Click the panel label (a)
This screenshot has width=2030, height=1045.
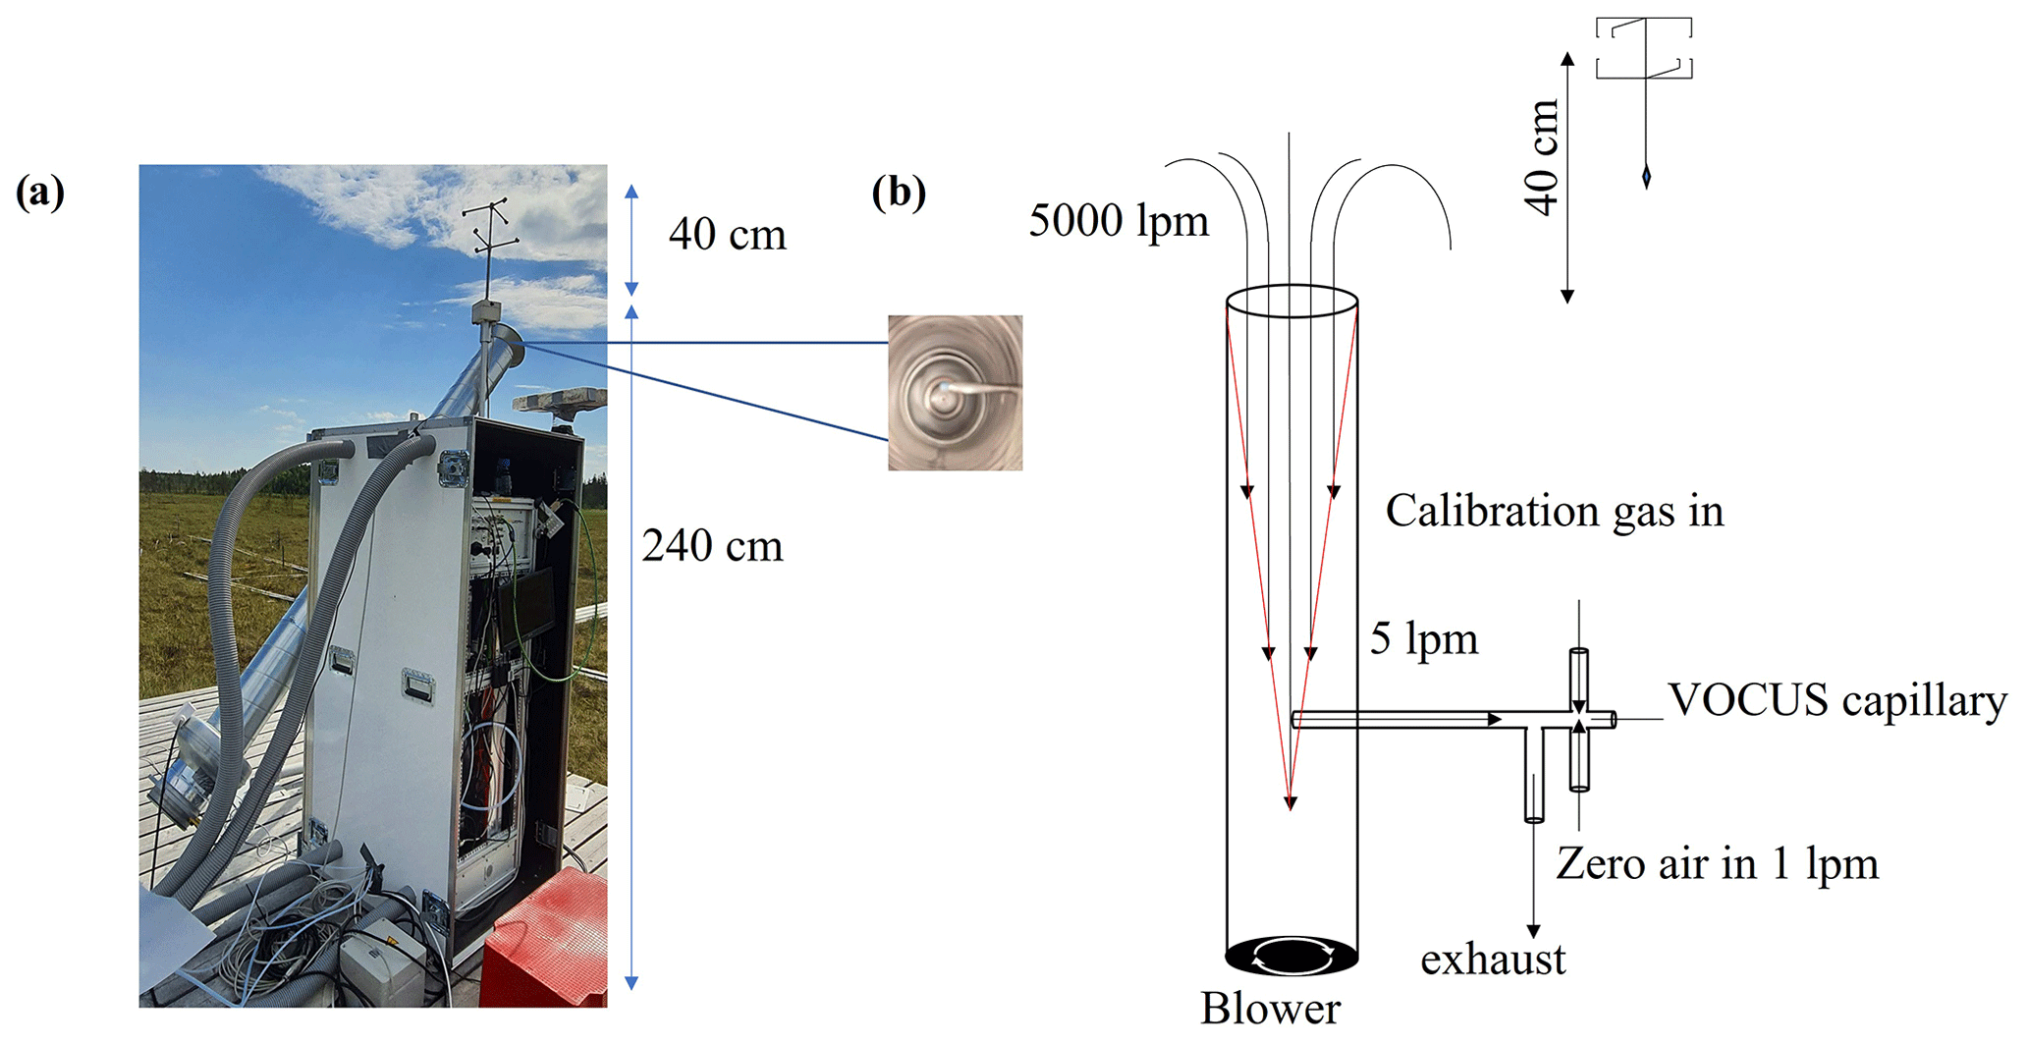coord(40,192)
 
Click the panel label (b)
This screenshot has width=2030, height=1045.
coord(899,192)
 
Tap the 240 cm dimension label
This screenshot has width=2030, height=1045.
coord(712,546)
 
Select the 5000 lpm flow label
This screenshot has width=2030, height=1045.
coord(1119,221)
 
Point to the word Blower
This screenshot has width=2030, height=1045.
coord(1270,1009)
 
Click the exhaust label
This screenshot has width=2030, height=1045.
coord(1493,960)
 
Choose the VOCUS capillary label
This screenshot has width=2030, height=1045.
coord(1837,701)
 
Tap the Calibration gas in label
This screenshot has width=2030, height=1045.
coord(1554,512)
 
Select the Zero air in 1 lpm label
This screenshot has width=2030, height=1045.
coord(1717,864)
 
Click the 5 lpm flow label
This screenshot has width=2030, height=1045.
coord(1424,639)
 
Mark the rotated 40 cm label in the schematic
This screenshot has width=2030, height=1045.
coord(1543,157)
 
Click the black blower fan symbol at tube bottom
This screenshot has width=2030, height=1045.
coord(1291,954)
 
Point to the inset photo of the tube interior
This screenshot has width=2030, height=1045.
coord(955,392)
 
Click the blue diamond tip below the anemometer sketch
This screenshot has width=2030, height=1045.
coord(1646,177)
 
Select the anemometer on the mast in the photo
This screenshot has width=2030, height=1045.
coord(489,236)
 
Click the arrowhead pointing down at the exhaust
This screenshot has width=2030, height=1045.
coord(1533,930)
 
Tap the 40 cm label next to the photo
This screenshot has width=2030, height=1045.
coord(728,236)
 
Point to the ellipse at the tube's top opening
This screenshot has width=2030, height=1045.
coord(1291,301)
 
